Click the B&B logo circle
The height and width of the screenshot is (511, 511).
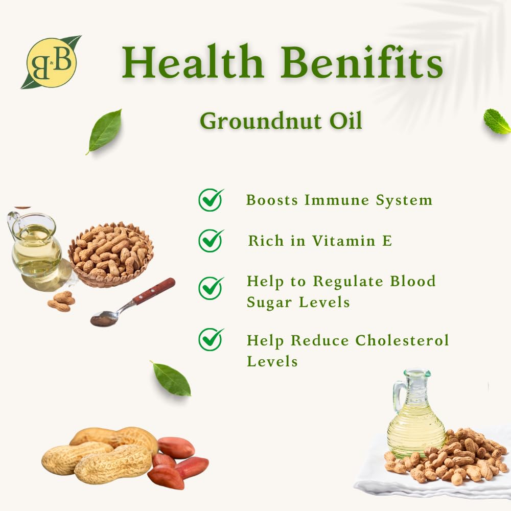(x=52, y=62)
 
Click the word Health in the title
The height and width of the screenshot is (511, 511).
(x=193, y=62)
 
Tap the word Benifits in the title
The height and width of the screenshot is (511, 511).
(x=362, y=62)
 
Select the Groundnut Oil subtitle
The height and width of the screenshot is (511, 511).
(x=281, y=121)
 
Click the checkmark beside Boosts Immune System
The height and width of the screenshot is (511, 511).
(x=211, y=200)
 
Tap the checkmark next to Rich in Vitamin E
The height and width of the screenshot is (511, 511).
(x=211, y=241)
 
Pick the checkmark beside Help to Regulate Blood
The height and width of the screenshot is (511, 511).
(x=211, y=288)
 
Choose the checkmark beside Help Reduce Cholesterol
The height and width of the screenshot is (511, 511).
(x=211, y=339)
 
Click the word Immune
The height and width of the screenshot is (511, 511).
(x=336, y=200)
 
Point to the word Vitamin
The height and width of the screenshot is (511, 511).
(x=344, y=241)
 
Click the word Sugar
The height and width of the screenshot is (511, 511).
(x=269, y=303)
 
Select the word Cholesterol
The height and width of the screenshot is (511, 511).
(x=402, y=340)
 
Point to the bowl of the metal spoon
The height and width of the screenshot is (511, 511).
(x=104, y=318)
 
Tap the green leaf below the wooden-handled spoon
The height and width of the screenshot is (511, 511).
(x=171, y=378)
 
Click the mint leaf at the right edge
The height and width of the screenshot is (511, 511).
(x=497, y=122)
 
